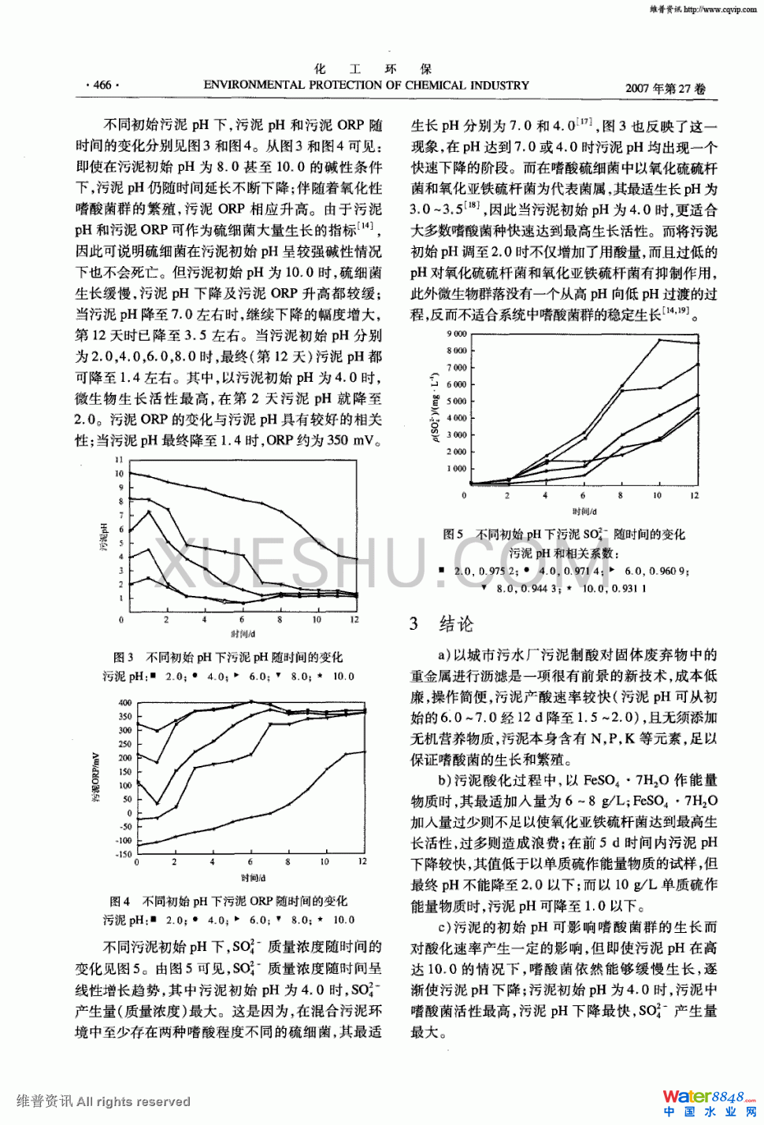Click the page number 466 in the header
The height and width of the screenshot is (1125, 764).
102,85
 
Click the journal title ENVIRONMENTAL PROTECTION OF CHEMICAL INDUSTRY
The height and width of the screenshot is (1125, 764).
366,85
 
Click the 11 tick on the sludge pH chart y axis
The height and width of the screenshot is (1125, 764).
119,460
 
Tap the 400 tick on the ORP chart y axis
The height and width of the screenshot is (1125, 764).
125,702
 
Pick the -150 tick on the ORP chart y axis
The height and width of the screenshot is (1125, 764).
124,854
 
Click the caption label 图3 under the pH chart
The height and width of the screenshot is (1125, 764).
123,657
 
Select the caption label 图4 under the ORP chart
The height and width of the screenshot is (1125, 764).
120,901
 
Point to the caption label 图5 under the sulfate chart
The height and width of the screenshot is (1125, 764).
453,535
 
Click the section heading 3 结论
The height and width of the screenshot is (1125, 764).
441,624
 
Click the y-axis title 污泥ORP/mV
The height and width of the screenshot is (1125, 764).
96,778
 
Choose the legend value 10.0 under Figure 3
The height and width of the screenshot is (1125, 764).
343,676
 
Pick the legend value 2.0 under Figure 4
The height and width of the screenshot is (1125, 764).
175,920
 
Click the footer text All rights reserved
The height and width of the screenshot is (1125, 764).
134,1101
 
